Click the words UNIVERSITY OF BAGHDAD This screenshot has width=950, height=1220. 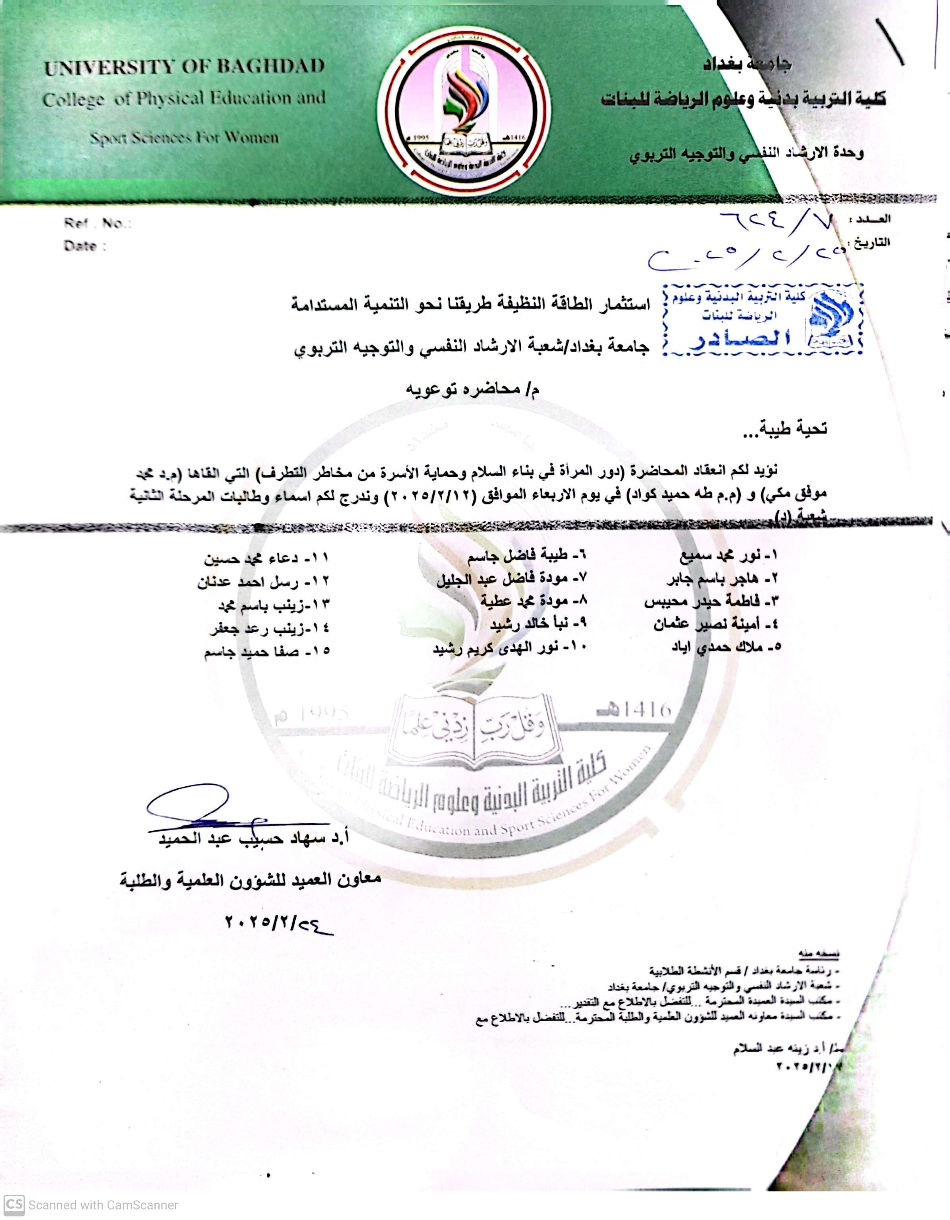(184, 67)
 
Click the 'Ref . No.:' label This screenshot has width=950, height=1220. (97, 224)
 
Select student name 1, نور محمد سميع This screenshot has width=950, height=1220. (729, 556)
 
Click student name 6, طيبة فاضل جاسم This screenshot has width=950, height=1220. (527, 556)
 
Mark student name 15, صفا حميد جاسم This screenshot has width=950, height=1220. (266, 651)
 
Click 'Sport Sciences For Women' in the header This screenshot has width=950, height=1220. (184, 137)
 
